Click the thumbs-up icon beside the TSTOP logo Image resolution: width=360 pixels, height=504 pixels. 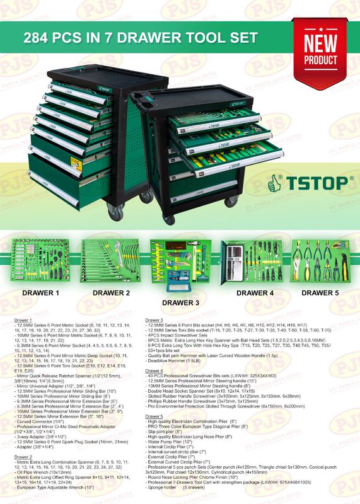(x=274, y=183)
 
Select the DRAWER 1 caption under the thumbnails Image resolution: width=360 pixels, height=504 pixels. (x=40, y=293)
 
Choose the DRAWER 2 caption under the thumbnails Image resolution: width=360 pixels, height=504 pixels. (x=111, y=293)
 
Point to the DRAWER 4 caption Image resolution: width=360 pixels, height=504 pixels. (x=255, y=293)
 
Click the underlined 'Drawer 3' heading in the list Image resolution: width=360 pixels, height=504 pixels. (x=154, y=321)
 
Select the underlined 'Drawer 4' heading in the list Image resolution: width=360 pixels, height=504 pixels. (x=154, y=371)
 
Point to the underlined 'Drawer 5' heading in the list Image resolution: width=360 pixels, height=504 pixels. (x=154, y=416)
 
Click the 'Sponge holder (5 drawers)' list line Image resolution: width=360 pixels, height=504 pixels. (x=183, y=488)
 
